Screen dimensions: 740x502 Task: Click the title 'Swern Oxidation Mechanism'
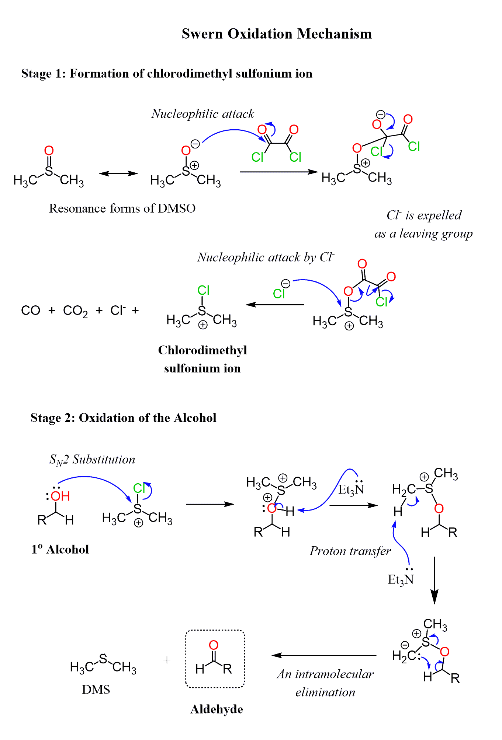point(277,34)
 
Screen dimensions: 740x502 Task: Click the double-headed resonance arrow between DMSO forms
point(118,173)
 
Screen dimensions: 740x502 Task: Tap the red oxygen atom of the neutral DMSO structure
point(49,150)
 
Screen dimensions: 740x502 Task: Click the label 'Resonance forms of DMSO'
point(122,208)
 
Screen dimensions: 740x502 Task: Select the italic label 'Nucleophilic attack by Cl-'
point(266,257)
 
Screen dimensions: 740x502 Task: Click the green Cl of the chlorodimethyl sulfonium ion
point(203,290)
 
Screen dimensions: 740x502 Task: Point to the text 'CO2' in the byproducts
point(75,311)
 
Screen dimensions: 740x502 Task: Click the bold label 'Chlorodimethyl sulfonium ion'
point(202,359)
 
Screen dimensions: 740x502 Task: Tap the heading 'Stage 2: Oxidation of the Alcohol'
point(123,418)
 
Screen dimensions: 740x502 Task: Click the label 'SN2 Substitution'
point(92,460)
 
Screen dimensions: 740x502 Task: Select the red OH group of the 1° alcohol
point(60,496)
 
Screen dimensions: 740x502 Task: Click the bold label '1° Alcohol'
point(60,549)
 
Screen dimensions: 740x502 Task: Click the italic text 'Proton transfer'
point(350,551)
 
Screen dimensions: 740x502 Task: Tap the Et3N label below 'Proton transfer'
point(401,580)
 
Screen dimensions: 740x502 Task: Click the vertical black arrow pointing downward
point(435,580)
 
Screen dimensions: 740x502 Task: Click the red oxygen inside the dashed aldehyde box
point(214,645)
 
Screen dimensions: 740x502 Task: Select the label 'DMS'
point(96,690)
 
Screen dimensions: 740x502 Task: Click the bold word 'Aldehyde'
point(217,709)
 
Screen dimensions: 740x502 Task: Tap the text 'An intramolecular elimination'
point(325,683)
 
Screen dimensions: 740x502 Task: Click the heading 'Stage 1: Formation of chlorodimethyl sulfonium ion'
point(167,74)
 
